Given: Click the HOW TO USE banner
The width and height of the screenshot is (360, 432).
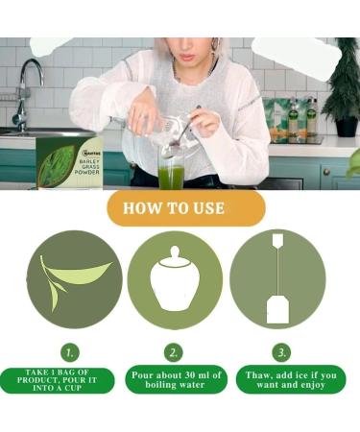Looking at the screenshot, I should click(x=179, y=206).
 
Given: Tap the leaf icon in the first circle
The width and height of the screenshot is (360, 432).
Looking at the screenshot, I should click(x=75, y=279).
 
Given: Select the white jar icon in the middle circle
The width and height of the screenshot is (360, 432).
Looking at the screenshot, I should click(x=175, y=279).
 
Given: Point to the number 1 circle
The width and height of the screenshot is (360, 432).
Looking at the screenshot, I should click(x=70, y=352).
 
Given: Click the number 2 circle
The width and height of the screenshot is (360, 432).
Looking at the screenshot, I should click(x=174, y=352).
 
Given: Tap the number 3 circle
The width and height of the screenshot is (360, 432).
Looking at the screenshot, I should click(x=281, y=352).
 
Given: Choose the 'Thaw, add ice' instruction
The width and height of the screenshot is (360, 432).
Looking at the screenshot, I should click(x=283, y=380).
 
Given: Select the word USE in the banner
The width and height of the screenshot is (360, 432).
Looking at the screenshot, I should click(x=212, y=206).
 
